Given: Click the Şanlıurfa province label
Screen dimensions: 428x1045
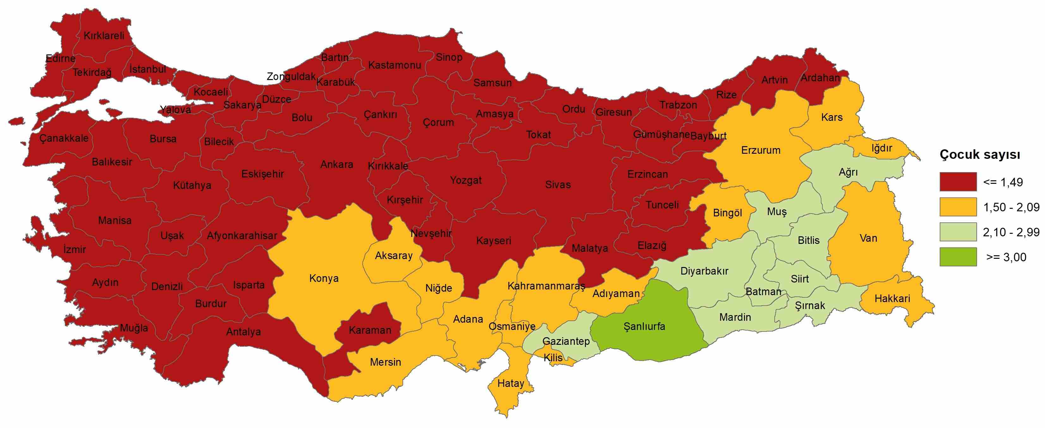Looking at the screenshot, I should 644,326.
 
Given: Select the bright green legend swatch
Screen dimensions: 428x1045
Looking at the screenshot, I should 958,257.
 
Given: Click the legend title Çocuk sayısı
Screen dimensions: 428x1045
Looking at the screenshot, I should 980,155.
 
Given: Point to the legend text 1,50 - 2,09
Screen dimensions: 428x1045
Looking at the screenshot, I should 1011,207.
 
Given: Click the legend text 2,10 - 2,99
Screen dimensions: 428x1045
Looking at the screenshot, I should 1011,233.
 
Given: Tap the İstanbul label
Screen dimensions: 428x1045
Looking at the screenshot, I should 148,69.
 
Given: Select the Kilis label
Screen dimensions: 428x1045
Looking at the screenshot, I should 553,357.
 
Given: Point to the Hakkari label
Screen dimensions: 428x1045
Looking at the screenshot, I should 892,299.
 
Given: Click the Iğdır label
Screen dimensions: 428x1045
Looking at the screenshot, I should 882,148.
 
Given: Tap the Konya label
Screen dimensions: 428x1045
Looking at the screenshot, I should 323,279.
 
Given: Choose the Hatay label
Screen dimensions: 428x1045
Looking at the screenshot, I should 511,383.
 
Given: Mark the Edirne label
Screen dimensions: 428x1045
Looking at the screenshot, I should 60,59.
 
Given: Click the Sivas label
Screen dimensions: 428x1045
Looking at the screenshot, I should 558,185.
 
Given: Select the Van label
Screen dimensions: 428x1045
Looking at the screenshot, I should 868,238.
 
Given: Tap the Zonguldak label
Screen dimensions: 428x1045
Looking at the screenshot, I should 291,77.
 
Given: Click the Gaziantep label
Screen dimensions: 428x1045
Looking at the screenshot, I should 566,342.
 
